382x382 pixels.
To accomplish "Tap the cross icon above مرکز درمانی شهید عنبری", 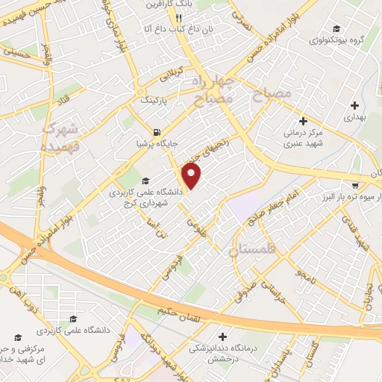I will coord(303,121).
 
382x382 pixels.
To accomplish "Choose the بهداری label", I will coord(352,117).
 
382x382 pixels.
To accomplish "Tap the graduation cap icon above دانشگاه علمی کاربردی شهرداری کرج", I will coord(145,181).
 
